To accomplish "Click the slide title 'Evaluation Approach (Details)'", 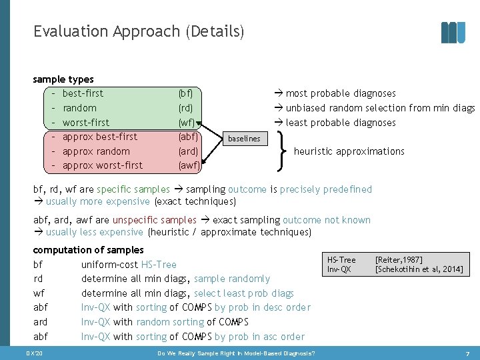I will pyautogui.click(x=139, y=31).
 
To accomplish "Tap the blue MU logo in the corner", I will pyautogui.click(x=453, y=32).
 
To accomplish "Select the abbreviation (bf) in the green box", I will pyautogui.click(x=186, y=93).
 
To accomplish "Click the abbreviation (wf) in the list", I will pyautogui.click(x=186, y=123).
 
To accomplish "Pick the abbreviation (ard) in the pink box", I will pyautogui.click(x=188, y=151).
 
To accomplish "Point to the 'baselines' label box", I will pyautogui.click(x=244, y=139).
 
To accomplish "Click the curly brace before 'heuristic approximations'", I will pyautogui.click(x=285, y=150).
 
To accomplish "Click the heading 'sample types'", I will pyautogui.click(x=63, y=79).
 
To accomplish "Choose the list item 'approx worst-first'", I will pyautogui.click(x=103, y=165).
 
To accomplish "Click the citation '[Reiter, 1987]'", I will pyautogui.click(x=399, y=259).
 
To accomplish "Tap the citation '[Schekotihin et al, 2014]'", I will pyautogui.click(x=419, y=269).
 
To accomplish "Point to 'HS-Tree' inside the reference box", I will pyautogui.click(x=341, y=259).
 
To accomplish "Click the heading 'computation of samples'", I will pyautogui.click(x=88, y=250).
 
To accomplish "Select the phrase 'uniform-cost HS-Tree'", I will pyautogui.click(x=129, y=265).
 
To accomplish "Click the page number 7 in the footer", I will pyautogui.click(x=467, y=352).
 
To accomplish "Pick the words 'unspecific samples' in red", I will pyautogui.click(x=155, y=220).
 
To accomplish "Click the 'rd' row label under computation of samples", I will pyautogui.click(x=38, y=279).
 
